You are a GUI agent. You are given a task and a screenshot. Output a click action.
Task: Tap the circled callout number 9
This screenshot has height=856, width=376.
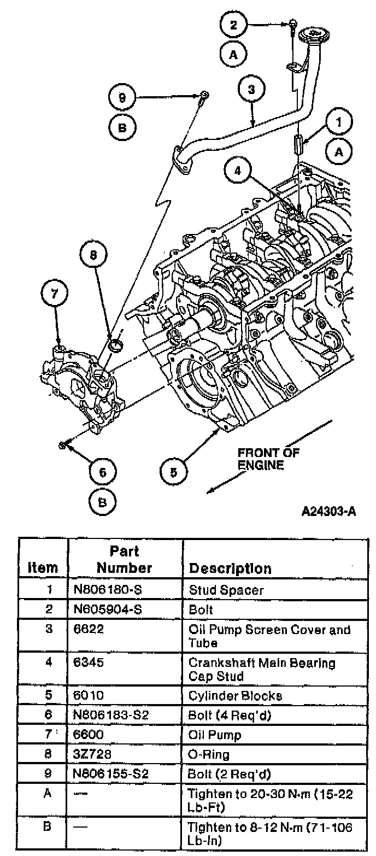tap(122, 98)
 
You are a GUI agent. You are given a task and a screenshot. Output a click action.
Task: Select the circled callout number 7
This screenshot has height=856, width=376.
tap(55, 294)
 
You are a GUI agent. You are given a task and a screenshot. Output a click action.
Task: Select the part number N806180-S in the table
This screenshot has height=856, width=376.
tap(109, 590)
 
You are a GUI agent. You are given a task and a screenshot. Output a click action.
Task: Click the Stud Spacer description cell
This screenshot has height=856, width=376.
tap(219, 590)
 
